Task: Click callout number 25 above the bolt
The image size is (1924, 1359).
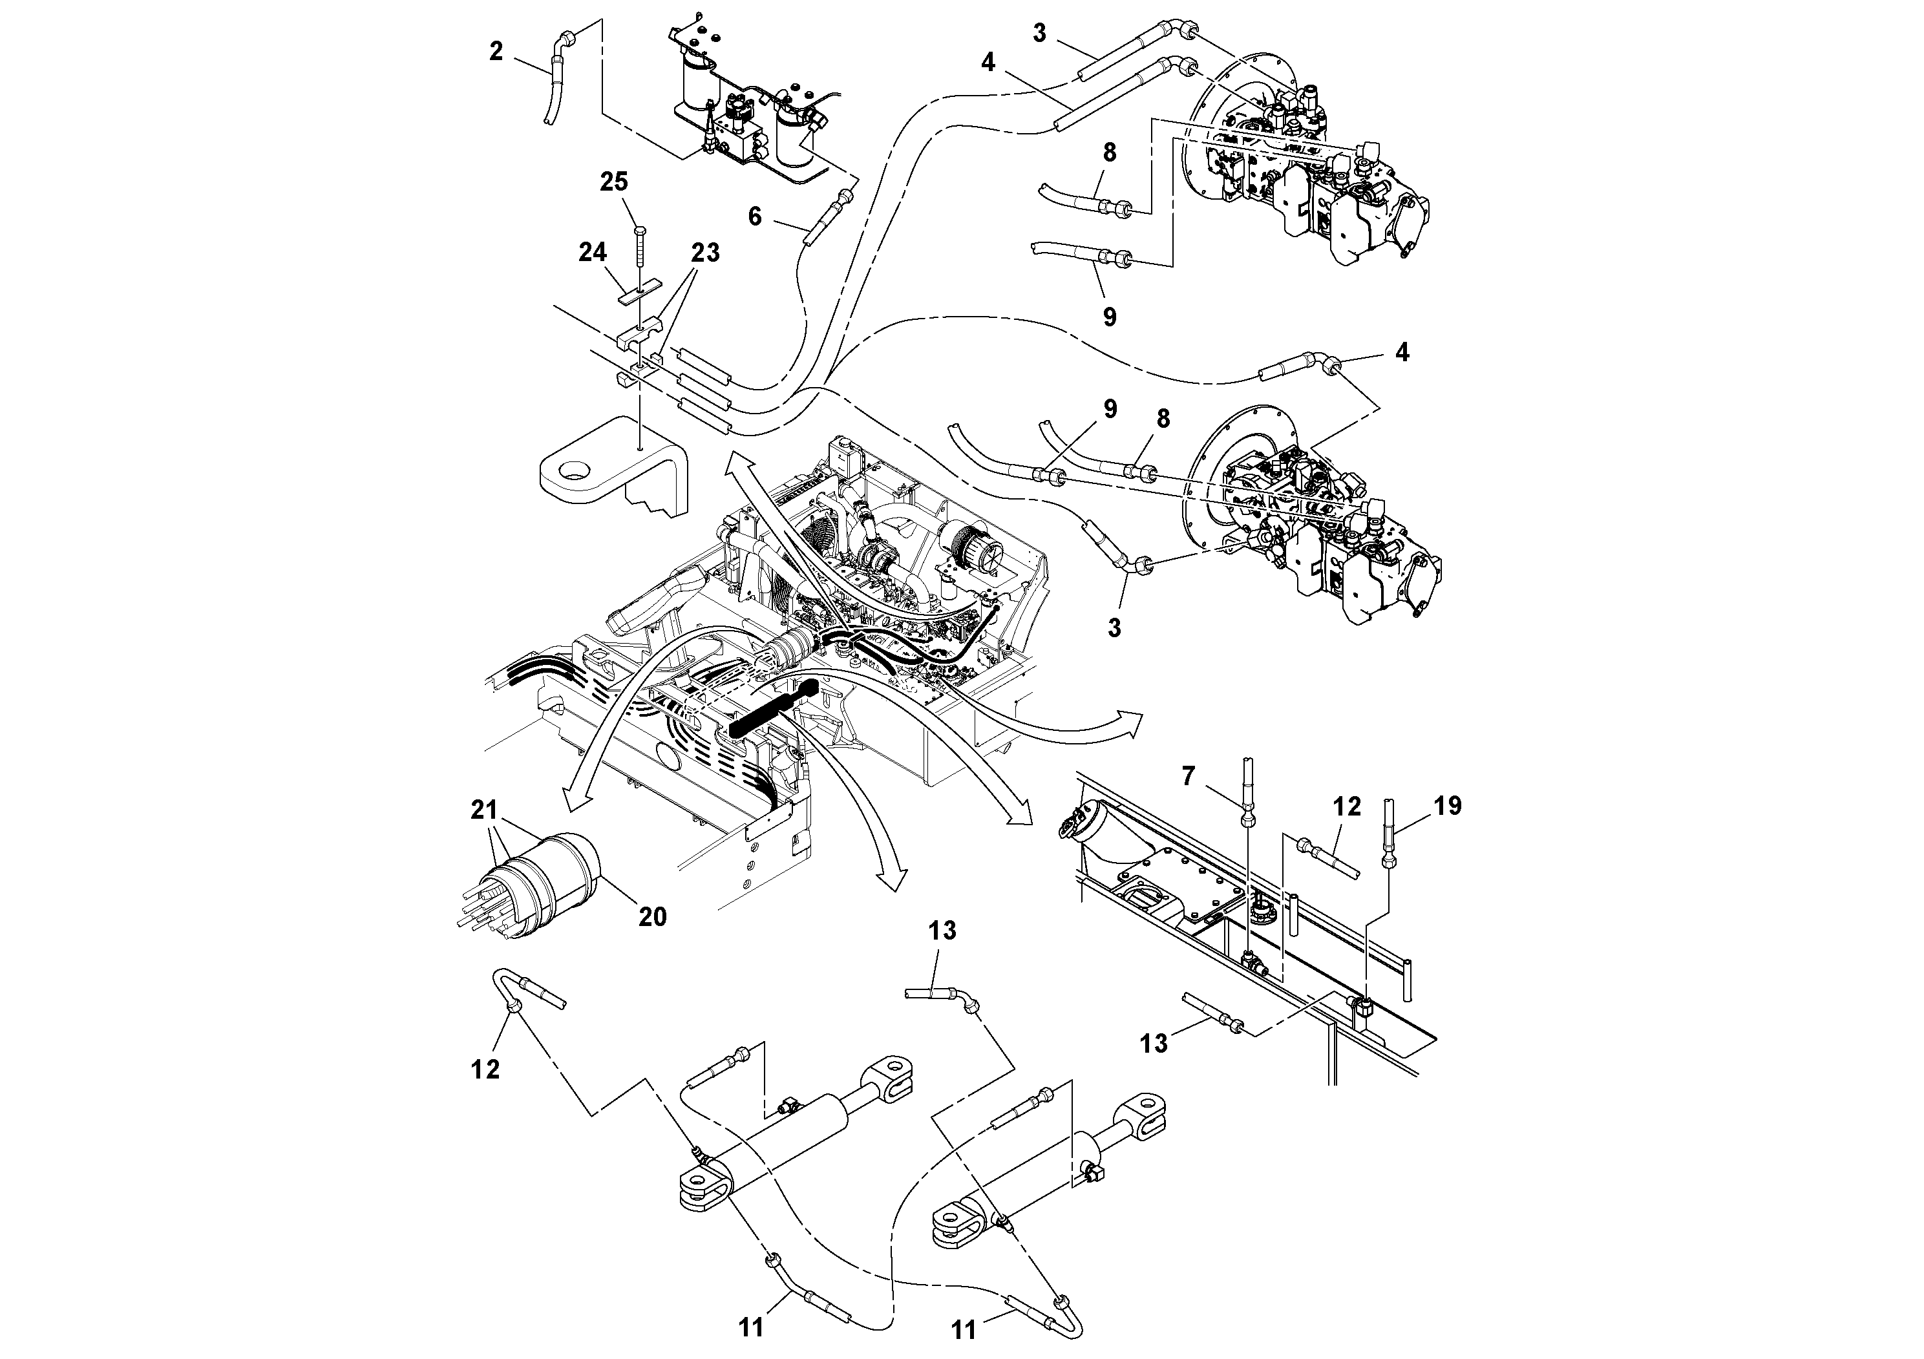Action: (x=613, y=182)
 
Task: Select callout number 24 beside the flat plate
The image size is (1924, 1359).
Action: (x=593, y=251)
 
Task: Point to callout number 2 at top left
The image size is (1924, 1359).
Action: (x=496, y=52)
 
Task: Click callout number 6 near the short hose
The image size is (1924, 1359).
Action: (x=754, y=216)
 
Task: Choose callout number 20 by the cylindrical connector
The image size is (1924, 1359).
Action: (x=652, y=916)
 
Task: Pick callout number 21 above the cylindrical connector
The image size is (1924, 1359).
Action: (x=483, y=810)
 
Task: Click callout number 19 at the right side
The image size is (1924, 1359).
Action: (x=1447, y=805)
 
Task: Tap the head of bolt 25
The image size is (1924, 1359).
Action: (x=639, y=229)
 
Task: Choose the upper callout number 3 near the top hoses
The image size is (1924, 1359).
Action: (x=1039, y=34)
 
